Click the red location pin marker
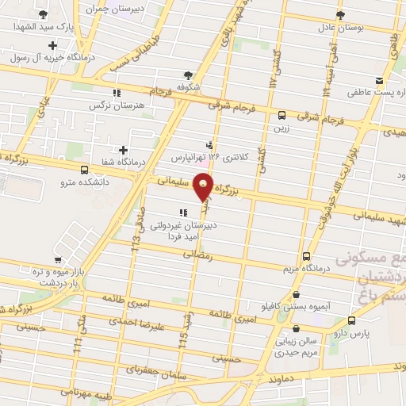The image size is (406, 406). click(205, 187)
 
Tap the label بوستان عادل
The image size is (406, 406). click(339, 28)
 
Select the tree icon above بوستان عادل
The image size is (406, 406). click(339, 15)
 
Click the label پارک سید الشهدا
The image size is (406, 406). click(42, 28)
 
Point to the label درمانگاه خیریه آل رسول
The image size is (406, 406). click(50, 58)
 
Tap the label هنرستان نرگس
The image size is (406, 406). click(109, 105)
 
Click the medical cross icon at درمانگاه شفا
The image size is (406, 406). click(123, 149)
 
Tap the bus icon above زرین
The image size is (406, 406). click(282, 113)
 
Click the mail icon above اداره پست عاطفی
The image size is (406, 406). click(380, 81)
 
